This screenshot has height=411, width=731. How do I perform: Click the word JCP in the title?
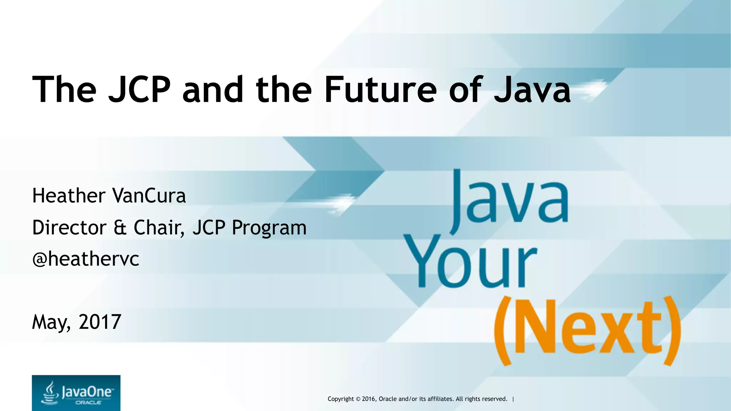[139, 89]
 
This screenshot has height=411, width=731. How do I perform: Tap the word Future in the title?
[380, 89]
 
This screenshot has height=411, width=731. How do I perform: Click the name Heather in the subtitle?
[69, 196]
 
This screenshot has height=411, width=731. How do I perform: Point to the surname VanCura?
[149, 196]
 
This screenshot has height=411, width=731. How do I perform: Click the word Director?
[69, 227]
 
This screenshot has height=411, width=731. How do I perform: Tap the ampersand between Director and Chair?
[120, 228]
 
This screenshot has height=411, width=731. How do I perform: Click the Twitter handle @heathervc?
[86, 259]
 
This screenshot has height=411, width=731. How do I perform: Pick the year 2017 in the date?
[100, 322]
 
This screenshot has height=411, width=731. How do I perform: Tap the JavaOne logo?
[76, 393]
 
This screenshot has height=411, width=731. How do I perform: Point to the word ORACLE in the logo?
[88, 402]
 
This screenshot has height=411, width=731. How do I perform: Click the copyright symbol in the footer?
[358, 399]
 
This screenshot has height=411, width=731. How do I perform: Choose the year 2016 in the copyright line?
[369, 399]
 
